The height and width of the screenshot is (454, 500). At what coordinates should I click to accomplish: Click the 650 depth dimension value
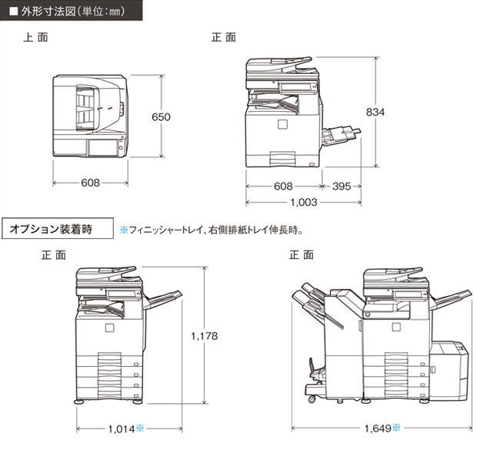coord(161,117)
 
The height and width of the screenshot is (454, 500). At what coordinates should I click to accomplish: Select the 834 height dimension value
coord(375,112)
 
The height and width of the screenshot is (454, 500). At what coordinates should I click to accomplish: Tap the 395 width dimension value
coord(342,187)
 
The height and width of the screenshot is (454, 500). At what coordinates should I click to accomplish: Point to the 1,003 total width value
coord(304,202)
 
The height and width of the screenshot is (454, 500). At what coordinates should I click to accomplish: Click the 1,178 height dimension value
coord(204,336)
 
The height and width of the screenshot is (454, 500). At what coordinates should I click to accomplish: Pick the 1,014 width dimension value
coord(122,429)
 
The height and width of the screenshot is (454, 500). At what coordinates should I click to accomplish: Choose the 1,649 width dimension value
coord(378,428)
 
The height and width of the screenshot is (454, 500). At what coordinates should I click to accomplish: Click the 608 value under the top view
coord(90,183)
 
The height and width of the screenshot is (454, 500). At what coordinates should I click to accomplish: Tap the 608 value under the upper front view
coord(283,187)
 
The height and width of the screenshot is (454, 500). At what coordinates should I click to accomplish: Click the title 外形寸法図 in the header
coord(48,12)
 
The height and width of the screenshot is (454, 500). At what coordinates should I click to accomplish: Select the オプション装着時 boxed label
coord(51,229)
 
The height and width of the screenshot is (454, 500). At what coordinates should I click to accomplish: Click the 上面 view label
coord(35,37)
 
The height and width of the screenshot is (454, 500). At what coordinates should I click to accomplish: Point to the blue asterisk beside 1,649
coord(396,427)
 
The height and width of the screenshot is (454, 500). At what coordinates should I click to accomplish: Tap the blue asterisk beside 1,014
coord(140,428)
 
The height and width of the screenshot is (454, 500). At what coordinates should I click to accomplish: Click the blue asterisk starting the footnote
coord(124,230)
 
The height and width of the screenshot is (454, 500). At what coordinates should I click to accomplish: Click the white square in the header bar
coord(14,12)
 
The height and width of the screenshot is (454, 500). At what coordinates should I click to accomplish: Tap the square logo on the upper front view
coord(282,124)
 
